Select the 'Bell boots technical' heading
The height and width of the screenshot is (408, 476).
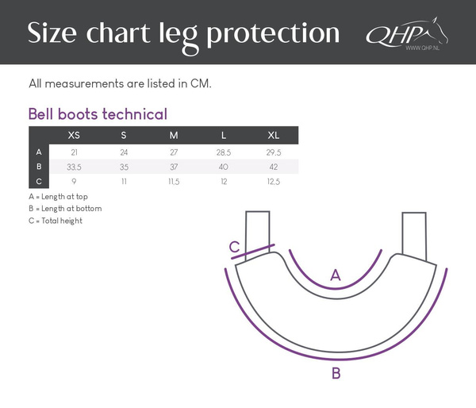coord(98,114)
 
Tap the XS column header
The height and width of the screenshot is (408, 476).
coord(74,135)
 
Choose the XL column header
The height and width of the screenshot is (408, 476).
coord(274,135)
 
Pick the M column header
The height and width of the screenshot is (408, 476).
coord(174,135)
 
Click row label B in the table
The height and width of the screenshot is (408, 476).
coord(39,167)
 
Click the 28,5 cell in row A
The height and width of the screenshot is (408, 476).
coord(224,152)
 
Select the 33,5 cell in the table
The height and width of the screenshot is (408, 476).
coord(75,167)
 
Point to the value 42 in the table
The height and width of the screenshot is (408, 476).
coord(274,167)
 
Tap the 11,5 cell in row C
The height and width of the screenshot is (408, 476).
coord(174,182)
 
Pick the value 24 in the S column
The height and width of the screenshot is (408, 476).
coord(124,152)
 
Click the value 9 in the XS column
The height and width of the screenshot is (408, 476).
coord(74,182)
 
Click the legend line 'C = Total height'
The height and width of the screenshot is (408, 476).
coord(55,221)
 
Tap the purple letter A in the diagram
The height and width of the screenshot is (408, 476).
coord(336,275)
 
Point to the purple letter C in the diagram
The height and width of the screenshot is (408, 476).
coord(235,248)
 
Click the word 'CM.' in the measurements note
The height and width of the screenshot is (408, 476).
coord(203,83)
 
